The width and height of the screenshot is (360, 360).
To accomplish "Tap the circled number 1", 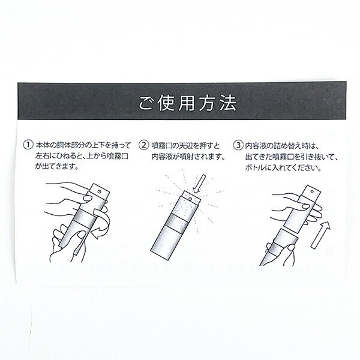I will coord(27,145).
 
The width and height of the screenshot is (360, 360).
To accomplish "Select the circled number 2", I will coord(144,145).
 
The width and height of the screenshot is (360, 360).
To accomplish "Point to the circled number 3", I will coord(239,145).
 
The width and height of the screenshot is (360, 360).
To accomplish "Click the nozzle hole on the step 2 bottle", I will coord(187,196).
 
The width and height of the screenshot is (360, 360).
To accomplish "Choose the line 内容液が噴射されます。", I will coord(187,156).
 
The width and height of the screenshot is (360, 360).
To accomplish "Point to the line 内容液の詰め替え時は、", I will coord(282,145).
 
